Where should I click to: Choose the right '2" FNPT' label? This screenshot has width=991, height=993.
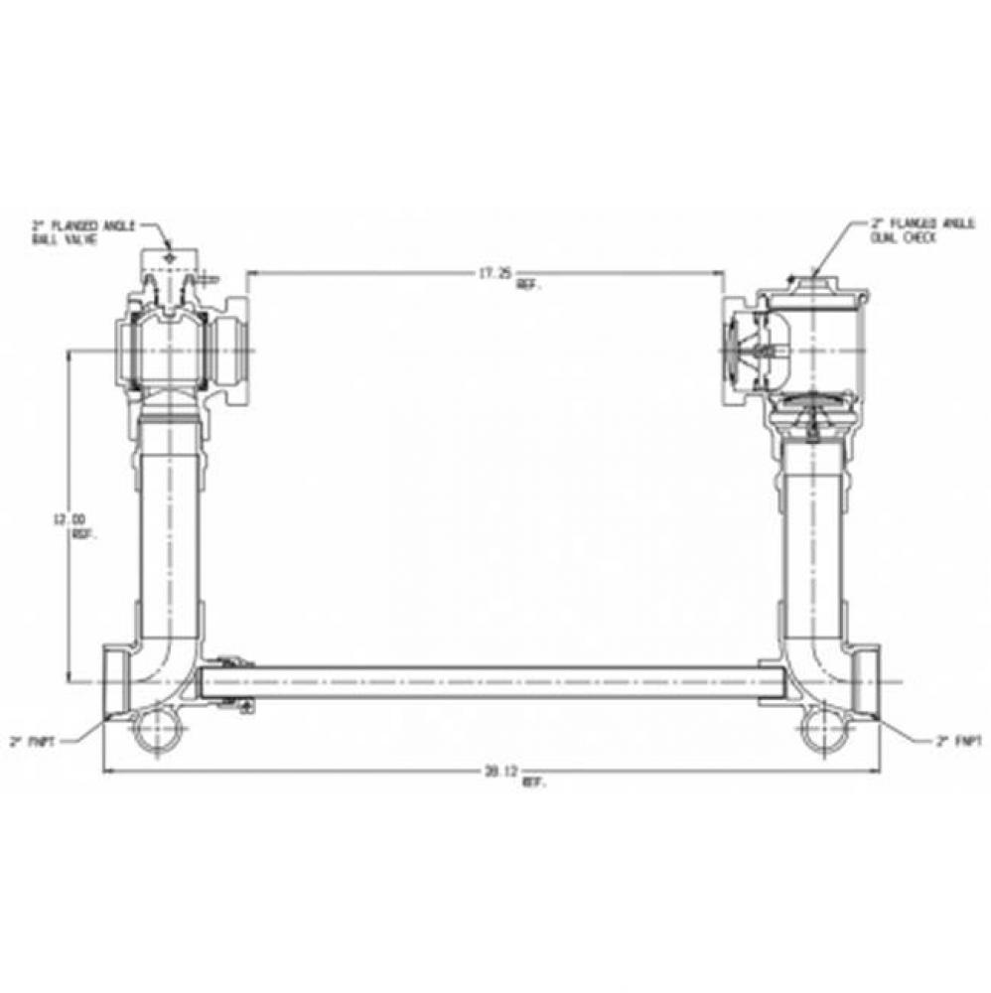957,740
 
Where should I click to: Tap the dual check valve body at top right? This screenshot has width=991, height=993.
809,348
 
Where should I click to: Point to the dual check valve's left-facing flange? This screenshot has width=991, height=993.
729,350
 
